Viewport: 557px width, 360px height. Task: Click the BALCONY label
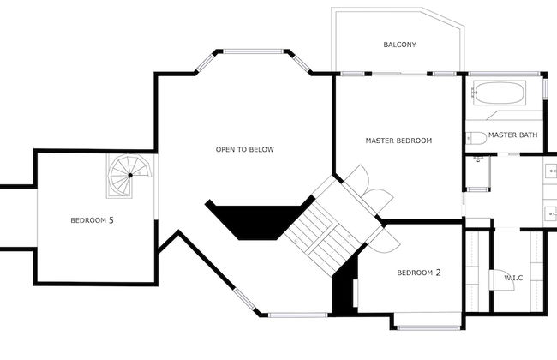399,45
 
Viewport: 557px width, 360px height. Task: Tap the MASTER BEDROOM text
398,141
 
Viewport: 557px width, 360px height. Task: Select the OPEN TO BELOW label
244,150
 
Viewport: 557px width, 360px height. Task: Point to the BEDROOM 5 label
92,220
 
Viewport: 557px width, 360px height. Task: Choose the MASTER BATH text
512,135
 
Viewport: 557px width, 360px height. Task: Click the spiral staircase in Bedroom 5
130,175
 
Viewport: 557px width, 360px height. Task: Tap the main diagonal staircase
321,227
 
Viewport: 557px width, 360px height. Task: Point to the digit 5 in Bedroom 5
111,220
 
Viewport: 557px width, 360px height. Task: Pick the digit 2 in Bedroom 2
438,273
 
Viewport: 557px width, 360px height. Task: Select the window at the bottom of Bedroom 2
428,327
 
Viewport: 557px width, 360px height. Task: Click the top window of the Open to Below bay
254,50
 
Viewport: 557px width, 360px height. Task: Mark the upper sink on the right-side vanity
548,171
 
